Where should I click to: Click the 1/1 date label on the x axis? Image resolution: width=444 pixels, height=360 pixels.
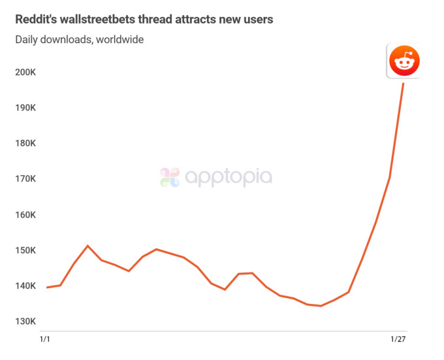coord(46,339)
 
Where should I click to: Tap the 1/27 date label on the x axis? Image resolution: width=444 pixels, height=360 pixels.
coord(398,339)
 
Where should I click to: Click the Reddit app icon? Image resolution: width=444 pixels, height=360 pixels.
coord(404,62)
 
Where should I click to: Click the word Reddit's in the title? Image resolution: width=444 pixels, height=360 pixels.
coord(35,20)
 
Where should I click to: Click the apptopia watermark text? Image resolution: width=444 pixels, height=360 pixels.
coord(229,177)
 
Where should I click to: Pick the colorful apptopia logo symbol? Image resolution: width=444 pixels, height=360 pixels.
coord(170,177)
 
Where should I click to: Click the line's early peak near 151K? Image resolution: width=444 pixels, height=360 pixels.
coord(88,246)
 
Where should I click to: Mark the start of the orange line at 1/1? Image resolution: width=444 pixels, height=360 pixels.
coord(46,287)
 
